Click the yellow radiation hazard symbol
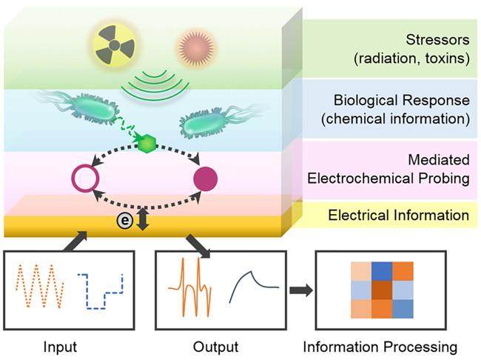(114, 45)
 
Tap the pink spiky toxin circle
(196, 47)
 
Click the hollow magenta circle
(86, 179)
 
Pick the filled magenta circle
(206, 179)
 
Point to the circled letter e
(125, 220)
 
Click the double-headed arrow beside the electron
(143, 219)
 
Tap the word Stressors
(437, 40)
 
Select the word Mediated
(439, 160)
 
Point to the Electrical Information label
(398, 215)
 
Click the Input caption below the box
(60, 347)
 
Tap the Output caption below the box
(215, 347)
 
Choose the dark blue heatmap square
(382, 271)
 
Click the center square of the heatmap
(382, 290)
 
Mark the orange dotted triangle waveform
(39, 285)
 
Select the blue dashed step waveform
(101, 291)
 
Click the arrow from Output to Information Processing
(301, 290)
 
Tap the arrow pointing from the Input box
(75, 241)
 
